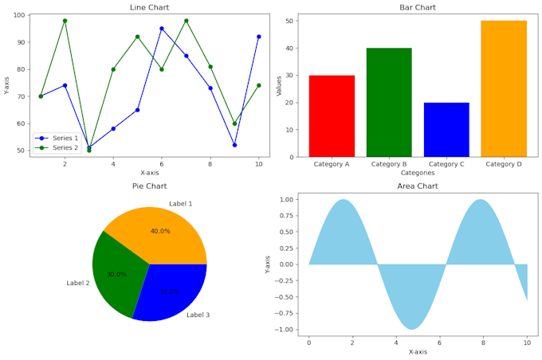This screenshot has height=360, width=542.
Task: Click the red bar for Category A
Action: (x=332, y=116)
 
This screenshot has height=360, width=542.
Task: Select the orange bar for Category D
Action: (x=504, y=88)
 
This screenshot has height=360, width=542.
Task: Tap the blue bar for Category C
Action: (x=446, y=130)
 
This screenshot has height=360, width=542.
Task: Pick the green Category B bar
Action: (x=389, y=102)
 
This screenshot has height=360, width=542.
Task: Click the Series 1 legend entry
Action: (x=64, y=139)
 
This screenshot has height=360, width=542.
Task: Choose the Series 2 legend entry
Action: (x=64, y=147)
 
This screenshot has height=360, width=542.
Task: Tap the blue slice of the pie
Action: (x=171, y=291)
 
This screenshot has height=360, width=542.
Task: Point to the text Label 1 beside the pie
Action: (x=180, y=204)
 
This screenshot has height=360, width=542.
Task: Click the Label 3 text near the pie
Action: (x=198, y=315)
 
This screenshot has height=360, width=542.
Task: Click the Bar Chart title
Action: (x=418, y=7)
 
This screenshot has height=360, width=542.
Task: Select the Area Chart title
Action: (x=418, y=186)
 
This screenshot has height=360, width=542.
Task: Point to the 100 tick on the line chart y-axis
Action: (x=19, y=15)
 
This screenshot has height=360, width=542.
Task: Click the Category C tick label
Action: (x=446, y=164)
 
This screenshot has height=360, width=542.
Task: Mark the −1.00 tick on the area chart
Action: (x=283, y=329)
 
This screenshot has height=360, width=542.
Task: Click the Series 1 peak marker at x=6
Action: (x=162, y=29)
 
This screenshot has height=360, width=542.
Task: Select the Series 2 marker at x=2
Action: (x=65, y=21)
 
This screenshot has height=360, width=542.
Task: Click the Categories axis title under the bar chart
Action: (x=418, y=172)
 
